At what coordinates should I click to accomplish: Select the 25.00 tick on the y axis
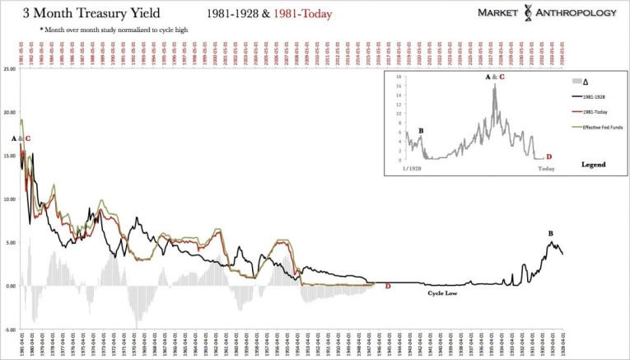pos(10,68)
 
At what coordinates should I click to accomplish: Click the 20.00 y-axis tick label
pos(10,111)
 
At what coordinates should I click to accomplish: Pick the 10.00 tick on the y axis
pos(10,199)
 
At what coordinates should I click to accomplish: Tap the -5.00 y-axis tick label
pos(10,330)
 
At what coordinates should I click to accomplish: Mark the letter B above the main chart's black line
pos(550,232)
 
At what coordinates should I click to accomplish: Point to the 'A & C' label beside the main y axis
pos(21,138)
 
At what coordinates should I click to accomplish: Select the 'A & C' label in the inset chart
pos(496,77)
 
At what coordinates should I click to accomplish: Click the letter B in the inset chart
pos(421,130)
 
